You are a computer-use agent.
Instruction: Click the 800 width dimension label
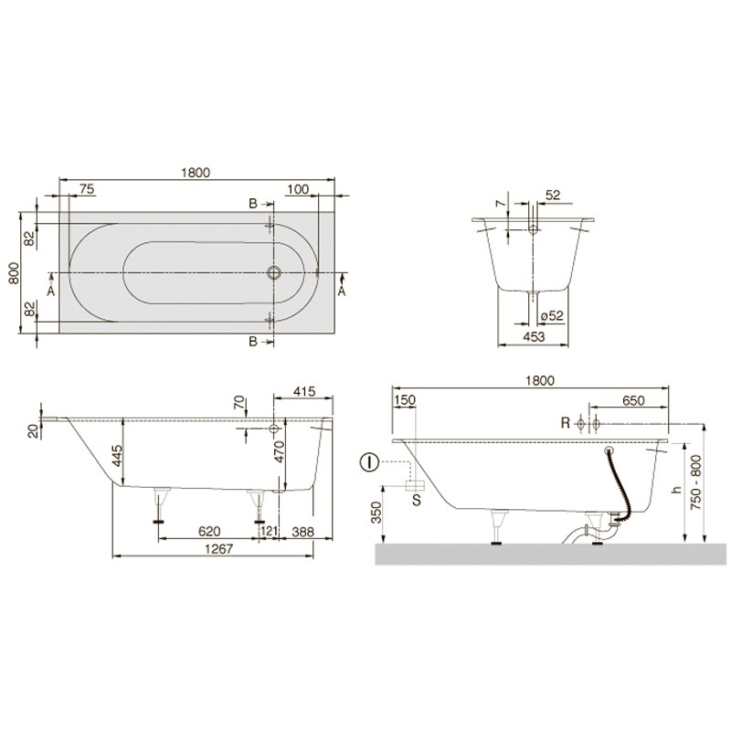point(14,273)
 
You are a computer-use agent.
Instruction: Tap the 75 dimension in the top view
point(87,189)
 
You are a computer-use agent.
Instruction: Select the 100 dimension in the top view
point(298,189)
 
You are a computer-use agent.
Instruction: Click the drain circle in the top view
point(273,272)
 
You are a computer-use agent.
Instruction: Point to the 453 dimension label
point(534,336)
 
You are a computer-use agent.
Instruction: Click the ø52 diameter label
point(552,316)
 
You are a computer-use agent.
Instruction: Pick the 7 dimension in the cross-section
point(500,204)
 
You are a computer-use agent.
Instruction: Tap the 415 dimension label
point(304,391)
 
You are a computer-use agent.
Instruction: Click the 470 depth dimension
point(280,451)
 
